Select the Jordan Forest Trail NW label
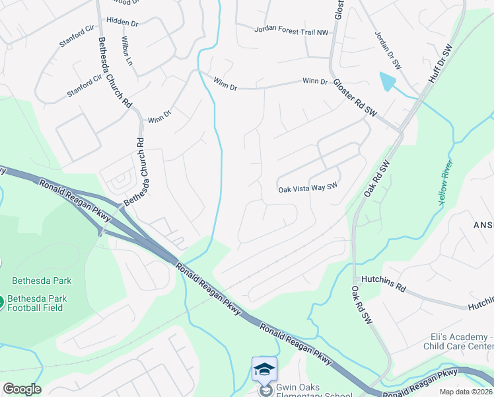[291, 30]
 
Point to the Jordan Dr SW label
[388, 50]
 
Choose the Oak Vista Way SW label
[308, 189]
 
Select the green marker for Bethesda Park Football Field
[1, 302]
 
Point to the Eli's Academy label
[458, 335]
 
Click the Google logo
[22, 389]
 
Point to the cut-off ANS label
[483, 224]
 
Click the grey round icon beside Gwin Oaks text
[265, 391]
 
